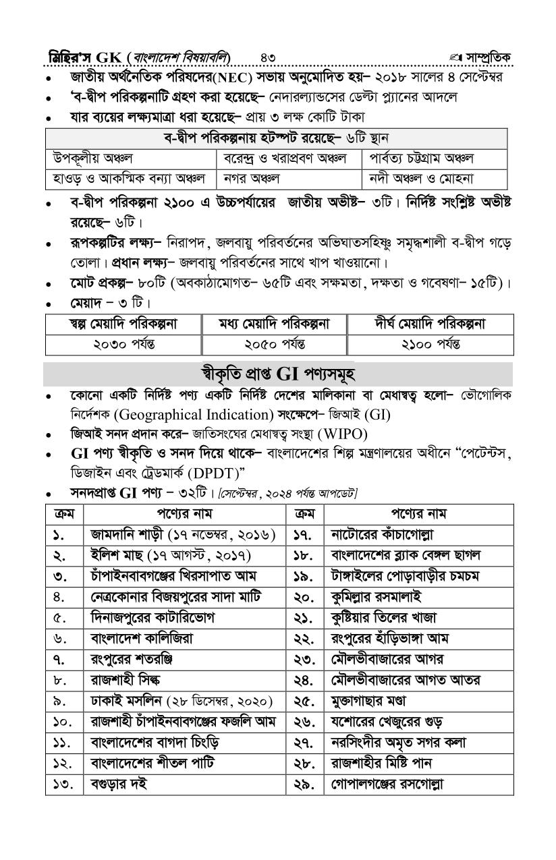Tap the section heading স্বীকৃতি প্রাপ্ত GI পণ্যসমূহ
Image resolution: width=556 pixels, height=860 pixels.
point(278,373)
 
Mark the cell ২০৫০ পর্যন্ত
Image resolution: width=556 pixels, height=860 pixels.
point(275,344)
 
